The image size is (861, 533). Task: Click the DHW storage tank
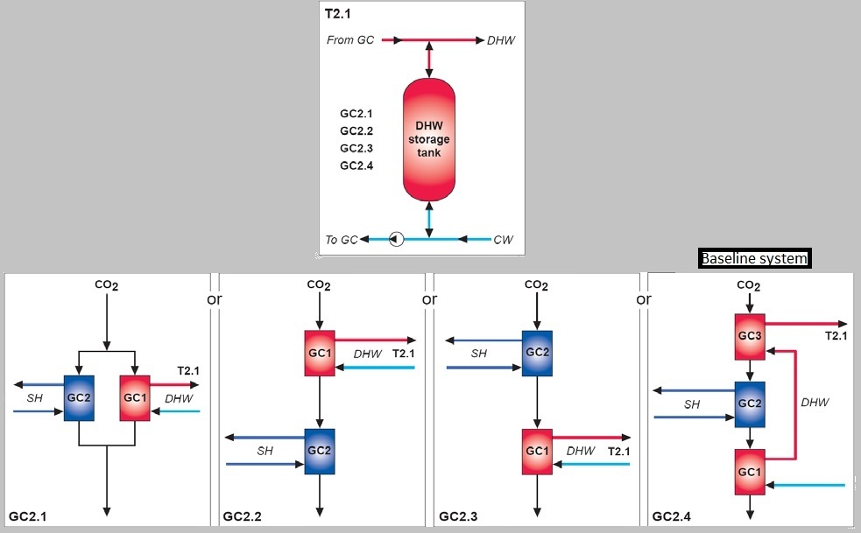pyautogui.click(x=428, y=139)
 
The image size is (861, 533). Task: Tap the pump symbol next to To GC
pyautogui.click(x=396, y=239)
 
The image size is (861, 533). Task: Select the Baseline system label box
pyautogui.click(x=753, y=259)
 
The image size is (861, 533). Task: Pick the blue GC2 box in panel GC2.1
pyautogui.click(x=79, y=398)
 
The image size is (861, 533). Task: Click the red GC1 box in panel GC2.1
pyautogui.click(x=134, y=398)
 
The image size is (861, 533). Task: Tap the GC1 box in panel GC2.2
pyautogui.click(x=319, y=353)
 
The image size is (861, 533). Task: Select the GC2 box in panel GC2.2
pyautogui.click(x=319, y=451)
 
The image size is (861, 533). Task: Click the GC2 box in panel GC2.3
pyautogui.click(x=537, y=353)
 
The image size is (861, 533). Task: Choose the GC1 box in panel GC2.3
pyautogui.click(x=537, y=451)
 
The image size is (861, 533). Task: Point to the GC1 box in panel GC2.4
pyautogui.click(x=749, y=472)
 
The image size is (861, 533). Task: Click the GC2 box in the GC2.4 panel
pyautogui.click(x=749, y=403)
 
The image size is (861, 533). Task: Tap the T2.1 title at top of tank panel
pyautogui.click(x=338, y=14)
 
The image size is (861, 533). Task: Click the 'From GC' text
pyautogui.click(x=350, y=40)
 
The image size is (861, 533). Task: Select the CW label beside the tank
pyautogui.click(x=503, y=240)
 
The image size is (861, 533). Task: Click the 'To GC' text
pyautogui.click(x=342, y=240)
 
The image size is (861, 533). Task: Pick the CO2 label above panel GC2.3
pyautogui.click(x=537, y=285)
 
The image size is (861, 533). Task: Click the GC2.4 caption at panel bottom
pyautogui.click(x=672, y=517)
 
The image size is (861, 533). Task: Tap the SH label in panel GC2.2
pyautogui.click(x=265, y=451)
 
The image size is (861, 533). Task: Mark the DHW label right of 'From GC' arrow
pyautogui.click(x=501, y=40)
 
